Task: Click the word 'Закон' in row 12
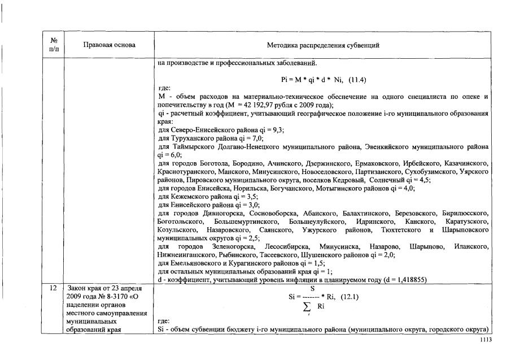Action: [x=76, y=288]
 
